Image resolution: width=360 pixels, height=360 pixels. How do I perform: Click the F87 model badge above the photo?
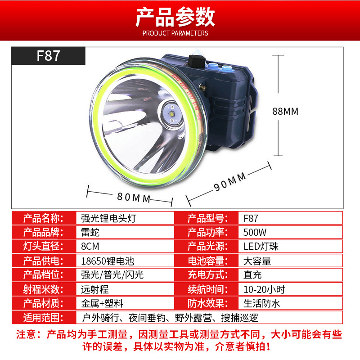tap(48, 55)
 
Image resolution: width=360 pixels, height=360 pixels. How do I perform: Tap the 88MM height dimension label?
tap(285, 111)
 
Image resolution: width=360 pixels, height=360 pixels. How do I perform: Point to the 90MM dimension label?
tap(230, 182)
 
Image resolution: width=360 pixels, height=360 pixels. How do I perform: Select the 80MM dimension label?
tap(134, 198)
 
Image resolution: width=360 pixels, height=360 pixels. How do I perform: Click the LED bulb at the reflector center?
tap(172, 113)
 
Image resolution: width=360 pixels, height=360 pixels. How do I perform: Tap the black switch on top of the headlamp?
tap(197, 61)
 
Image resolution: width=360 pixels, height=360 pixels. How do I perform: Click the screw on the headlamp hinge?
tap(202, 87)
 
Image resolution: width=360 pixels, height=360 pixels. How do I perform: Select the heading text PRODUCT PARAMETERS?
tap(175, 33)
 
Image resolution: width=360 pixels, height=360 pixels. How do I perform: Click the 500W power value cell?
tap(255, 232)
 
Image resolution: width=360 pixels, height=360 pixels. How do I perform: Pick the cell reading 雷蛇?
tap(90, 232)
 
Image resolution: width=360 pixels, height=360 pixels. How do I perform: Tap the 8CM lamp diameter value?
tap(90, 246)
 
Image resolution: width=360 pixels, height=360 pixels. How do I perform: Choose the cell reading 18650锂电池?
tap(108, 261)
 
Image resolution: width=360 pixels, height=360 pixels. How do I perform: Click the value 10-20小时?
tap(264, 289)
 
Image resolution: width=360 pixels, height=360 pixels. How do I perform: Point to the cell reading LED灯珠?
tap(261, 246)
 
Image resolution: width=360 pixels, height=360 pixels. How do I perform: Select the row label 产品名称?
tap(43, 218)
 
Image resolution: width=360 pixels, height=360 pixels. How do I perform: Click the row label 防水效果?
tap(208, 303)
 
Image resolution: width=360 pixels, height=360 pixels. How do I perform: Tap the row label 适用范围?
tap(43, 318)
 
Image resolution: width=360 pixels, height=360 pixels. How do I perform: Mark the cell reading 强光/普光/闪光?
tap(112, 275)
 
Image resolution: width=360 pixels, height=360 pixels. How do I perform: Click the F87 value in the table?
tap(251, 218)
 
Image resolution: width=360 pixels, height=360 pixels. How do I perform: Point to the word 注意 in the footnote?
tap(26, 334)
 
